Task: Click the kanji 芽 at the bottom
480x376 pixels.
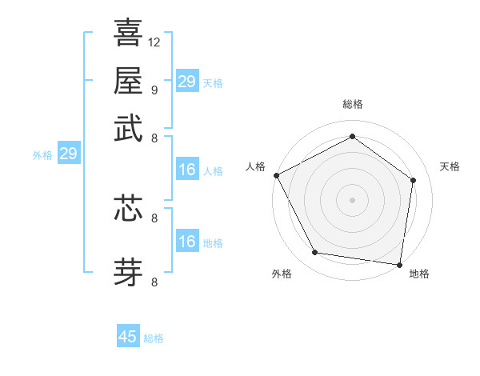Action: pos(128,270)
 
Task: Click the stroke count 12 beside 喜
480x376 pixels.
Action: pos(154,41)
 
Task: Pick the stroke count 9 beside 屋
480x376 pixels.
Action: pos(154,89)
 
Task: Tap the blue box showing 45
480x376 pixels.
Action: pos(128,337)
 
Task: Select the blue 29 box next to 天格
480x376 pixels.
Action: pos(186,82)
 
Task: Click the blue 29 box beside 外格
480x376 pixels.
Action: pos(68,154)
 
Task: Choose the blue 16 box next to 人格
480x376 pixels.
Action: pos(186,170)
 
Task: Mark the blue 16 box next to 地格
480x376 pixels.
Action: pos(186,242)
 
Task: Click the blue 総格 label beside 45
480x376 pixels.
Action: pos(154,338)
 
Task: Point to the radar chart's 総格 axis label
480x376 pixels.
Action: pos(352,104)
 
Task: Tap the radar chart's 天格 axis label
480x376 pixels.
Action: pos(450,166)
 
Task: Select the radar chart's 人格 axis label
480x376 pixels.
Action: pos(255,166)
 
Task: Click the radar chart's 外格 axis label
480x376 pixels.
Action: pos(282,274)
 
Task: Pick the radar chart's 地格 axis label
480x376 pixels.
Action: pos(419,274)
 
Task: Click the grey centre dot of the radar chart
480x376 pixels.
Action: pos(352,199)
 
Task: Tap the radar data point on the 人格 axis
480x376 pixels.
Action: pos(277,175)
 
